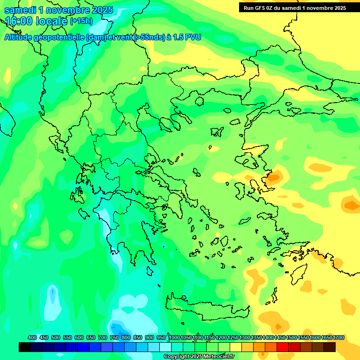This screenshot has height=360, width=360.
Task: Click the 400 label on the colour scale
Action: pos(32,337)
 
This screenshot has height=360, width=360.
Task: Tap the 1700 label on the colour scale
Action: pos(338,337)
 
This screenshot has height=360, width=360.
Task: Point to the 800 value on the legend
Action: pos(126,337)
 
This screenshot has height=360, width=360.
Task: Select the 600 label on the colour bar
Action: pos(79,337)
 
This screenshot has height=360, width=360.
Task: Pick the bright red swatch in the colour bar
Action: pos(283,347)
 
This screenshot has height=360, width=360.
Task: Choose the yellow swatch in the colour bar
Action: pos(236,347)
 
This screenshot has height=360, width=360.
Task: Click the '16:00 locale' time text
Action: pos(36,21)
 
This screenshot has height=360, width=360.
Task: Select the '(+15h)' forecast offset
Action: pos(81,21)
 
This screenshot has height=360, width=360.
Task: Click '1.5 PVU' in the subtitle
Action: pos(188,37)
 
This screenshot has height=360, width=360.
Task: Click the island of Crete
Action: pos(206,310)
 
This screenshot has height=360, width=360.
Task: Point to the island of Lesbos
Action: pos(251,160)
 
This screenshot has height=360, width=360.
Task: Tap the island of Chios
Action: pos(240,190)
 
